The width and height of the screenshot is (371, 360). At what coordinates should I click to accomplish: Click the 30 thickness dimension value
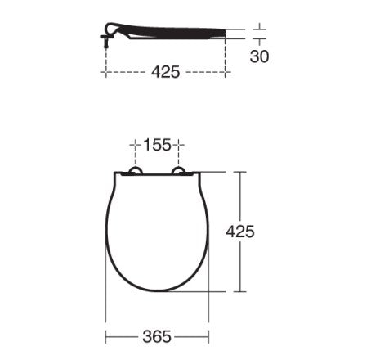pyautogui.click(x=259, y=56)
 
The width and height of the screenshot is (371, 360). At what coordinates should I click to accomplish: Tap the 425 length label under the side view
pyautogui.click(x=166, y=72)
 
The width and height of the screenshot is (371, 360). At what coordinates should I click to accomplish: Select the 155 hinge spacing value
pyautogui.click(x=157, y=145)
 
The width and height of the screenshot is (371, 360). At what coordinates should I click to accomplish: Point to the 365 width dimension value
pyautogui.click(x=157, y=336)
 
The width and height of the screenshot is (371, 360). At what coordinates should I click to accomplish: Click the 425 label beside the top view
pyautogui.click(x=240, y=232)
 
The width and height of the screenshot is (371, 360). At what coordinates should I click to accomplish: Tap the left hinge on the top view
pyautogui.click(x=136, y=171)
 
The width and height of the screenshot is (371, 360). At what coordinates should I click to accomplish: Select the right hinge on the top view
pyautogui.click(x=179, y=171)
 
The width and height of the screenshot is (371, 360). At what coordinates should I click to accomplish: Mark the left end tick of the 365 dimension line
pyautogui.click(x=105, y=336)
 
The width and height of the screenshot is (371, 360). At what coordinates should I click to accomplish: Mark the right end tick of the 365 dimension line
pyautogui.click(x=208, y=336)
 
